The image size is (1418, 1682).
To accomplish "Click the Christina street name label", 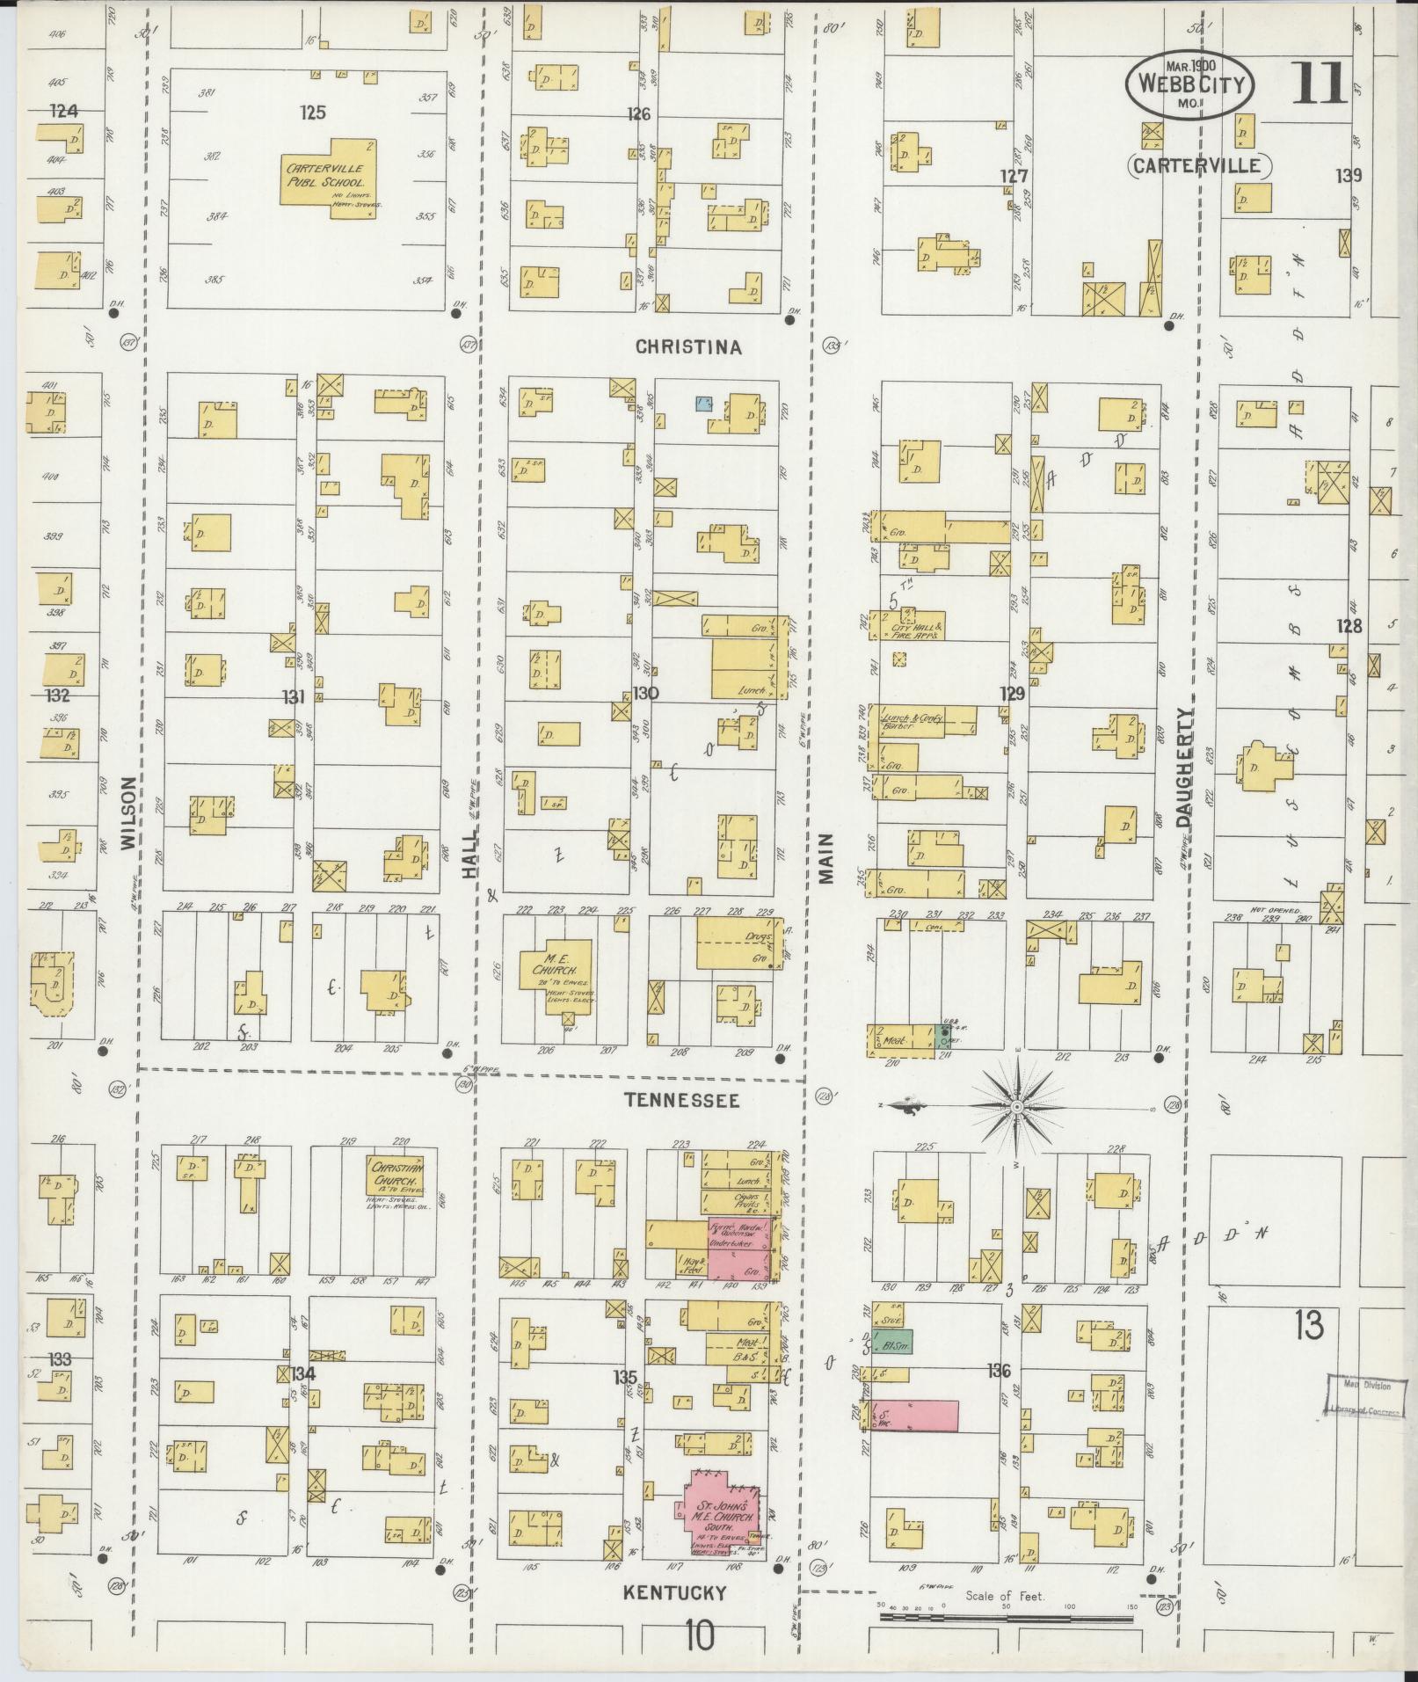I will point(688,347).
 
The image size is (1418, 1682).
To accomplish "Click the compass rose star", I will point(1016,1105).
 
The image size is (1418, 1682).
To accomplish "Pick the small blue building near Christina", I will point(703,404).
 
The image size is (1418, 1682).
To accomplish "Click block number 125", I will point(312,113).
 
